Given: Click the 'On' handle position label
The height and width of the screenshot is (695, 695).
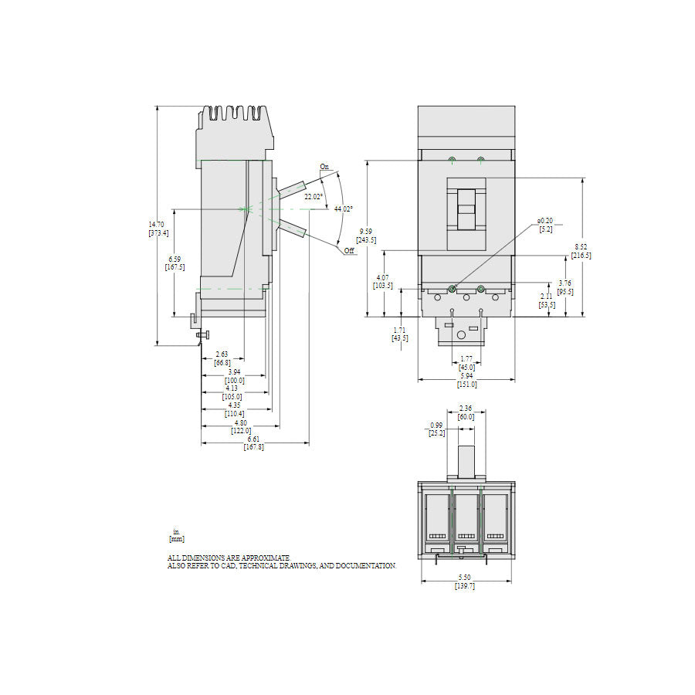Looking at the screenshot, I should [324, 166].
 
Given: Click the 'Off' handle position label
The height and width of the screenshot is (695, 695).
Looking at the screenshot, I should [349, 251].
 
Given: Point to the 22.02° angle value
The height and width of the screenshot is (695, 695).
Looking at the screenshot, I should [313, 196].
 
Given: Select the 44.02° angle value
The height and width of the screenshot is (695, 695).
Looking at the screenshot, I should [343, 208].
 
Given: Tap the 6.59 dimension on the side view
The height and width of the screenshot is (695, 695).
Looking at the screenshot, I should [175, 259].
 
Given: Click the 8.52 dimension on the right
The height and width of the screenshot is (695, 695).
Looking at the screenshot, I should [581, 247].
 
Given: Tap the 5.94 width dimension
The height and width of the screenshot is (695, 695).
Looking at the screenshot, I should [466, 376].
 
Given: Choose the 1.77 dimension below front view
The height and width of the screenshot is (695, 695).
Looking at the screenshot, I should [466, 359].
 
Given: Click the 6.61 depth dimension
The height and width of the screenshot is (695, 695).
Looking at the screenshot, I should [253, 439].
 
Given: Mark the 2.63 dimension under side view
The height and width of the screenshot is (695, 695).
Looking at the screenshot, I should [222, 354].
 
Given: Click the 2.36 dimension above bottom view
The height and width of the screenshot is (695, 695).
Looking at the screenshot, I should [466, 409].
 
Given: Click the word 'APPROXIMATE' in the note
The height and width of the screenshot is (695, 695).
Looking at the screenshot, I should [263, 558].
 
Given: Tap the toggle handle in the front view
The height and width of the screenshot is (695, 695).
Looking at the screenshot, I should [466, 208].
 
